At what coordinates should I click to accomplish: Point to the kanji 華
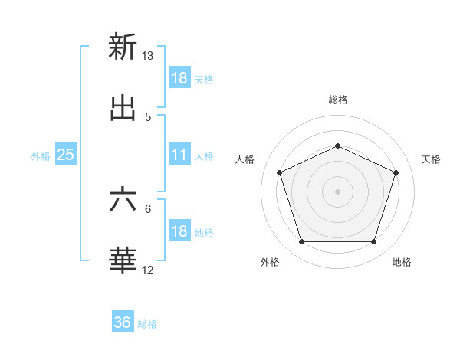(x=123, y=260)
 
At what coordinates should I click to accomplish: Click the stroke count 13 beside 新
(x=148, y=56)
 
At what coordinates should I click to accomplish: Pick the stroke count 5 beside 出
(x=148, y=117)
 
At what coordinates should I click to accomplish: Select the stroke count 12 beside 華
(x=148, y=270)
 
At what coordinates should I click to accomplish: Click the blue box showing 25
(x=66, y=155)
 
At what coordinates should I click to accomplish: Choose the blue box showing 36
(x=123, y=322)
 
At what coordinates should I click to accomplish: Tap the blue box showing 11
(x=179, y=155)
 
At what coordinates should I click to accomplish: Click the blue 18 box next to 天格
(x=179, y=78)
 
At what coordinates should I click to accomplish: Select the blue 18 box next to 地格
(x=179, y=231)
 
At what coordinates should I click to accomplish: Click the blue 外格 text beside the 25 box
(x=41, y=155)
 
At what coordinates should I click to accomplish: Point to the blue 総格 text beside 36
(x=147, y=324)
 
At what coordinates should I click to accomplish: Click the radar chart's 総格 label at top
(x=337, y=100)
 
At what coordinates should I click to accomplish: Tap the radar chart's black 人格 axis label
(x=245, y=159)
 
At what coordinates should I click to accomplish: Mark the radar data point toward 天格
(x=396, y=172)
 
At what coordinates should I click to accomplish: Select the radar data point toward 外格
(x=301, y=242)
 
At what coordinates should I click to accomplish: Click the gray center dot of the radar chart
(x=337, y=191)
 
